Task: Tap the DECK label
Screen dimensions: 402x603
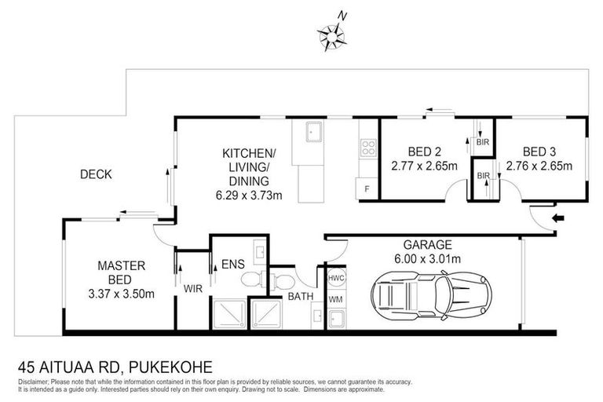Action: pyautogui.click(x=96, y=174)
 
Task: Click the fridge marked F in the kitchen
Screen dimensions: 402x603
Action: pyautogui.click(x=366, y=188)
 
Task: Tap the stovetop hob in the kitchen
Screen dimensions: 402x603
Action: pyautogui.click(x=367, y=147)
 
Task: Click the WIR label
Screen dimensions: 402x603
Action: pyautogui.click(x=193, y=288)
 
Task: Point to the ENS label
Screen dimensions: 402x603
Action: pyautogui.click(x=232, y=265)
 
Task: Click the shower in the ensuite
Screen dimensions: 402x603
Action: pyautogui.click(x=228, y=315)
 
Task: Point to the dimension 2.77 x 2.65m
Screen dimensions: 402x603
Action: pyautogui.click(x=423, y=166)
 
